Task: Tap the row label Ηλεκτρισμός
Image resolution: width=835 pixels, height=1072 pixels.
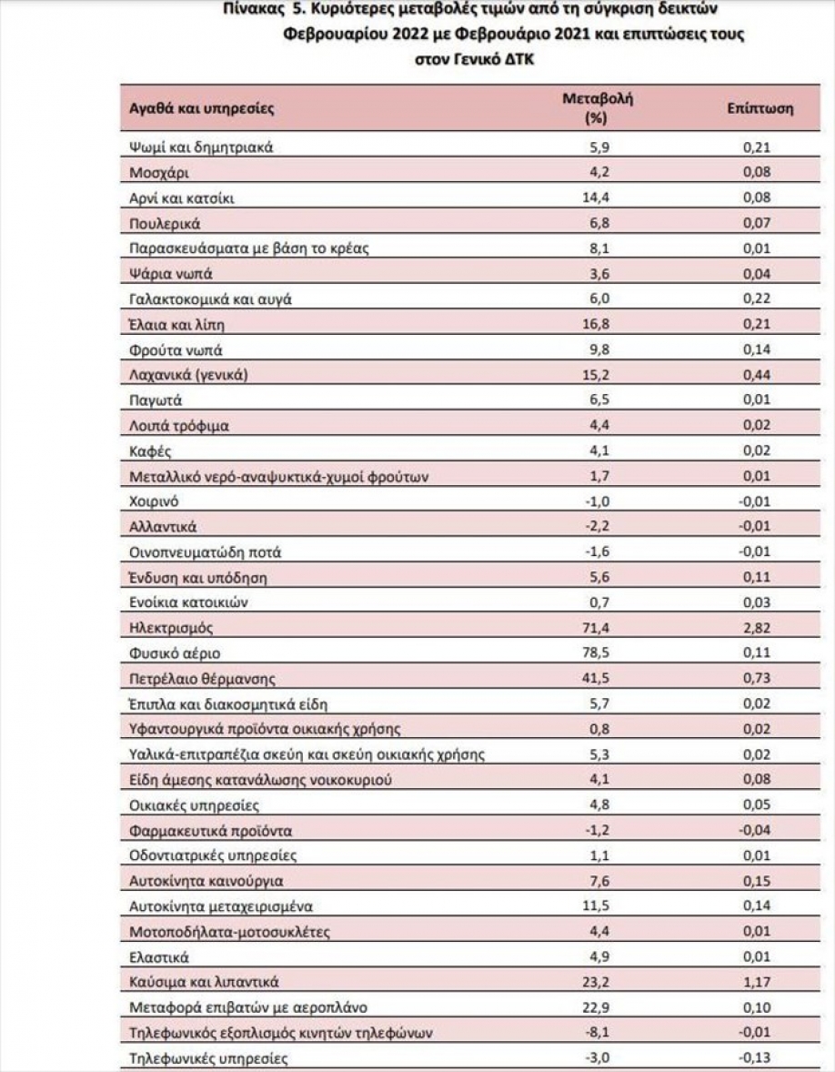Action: (x=172, y=628)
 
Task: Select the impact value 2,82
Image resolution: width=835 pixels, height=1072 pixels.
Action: (x=756, y=628)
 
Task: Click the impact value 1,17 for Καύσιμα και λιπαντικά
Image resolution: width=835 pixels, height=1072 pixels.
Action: (x=756, y=982)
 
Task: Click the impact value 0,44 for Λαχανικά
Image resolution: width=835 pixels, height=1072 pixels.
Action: (x=756, y=375)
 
